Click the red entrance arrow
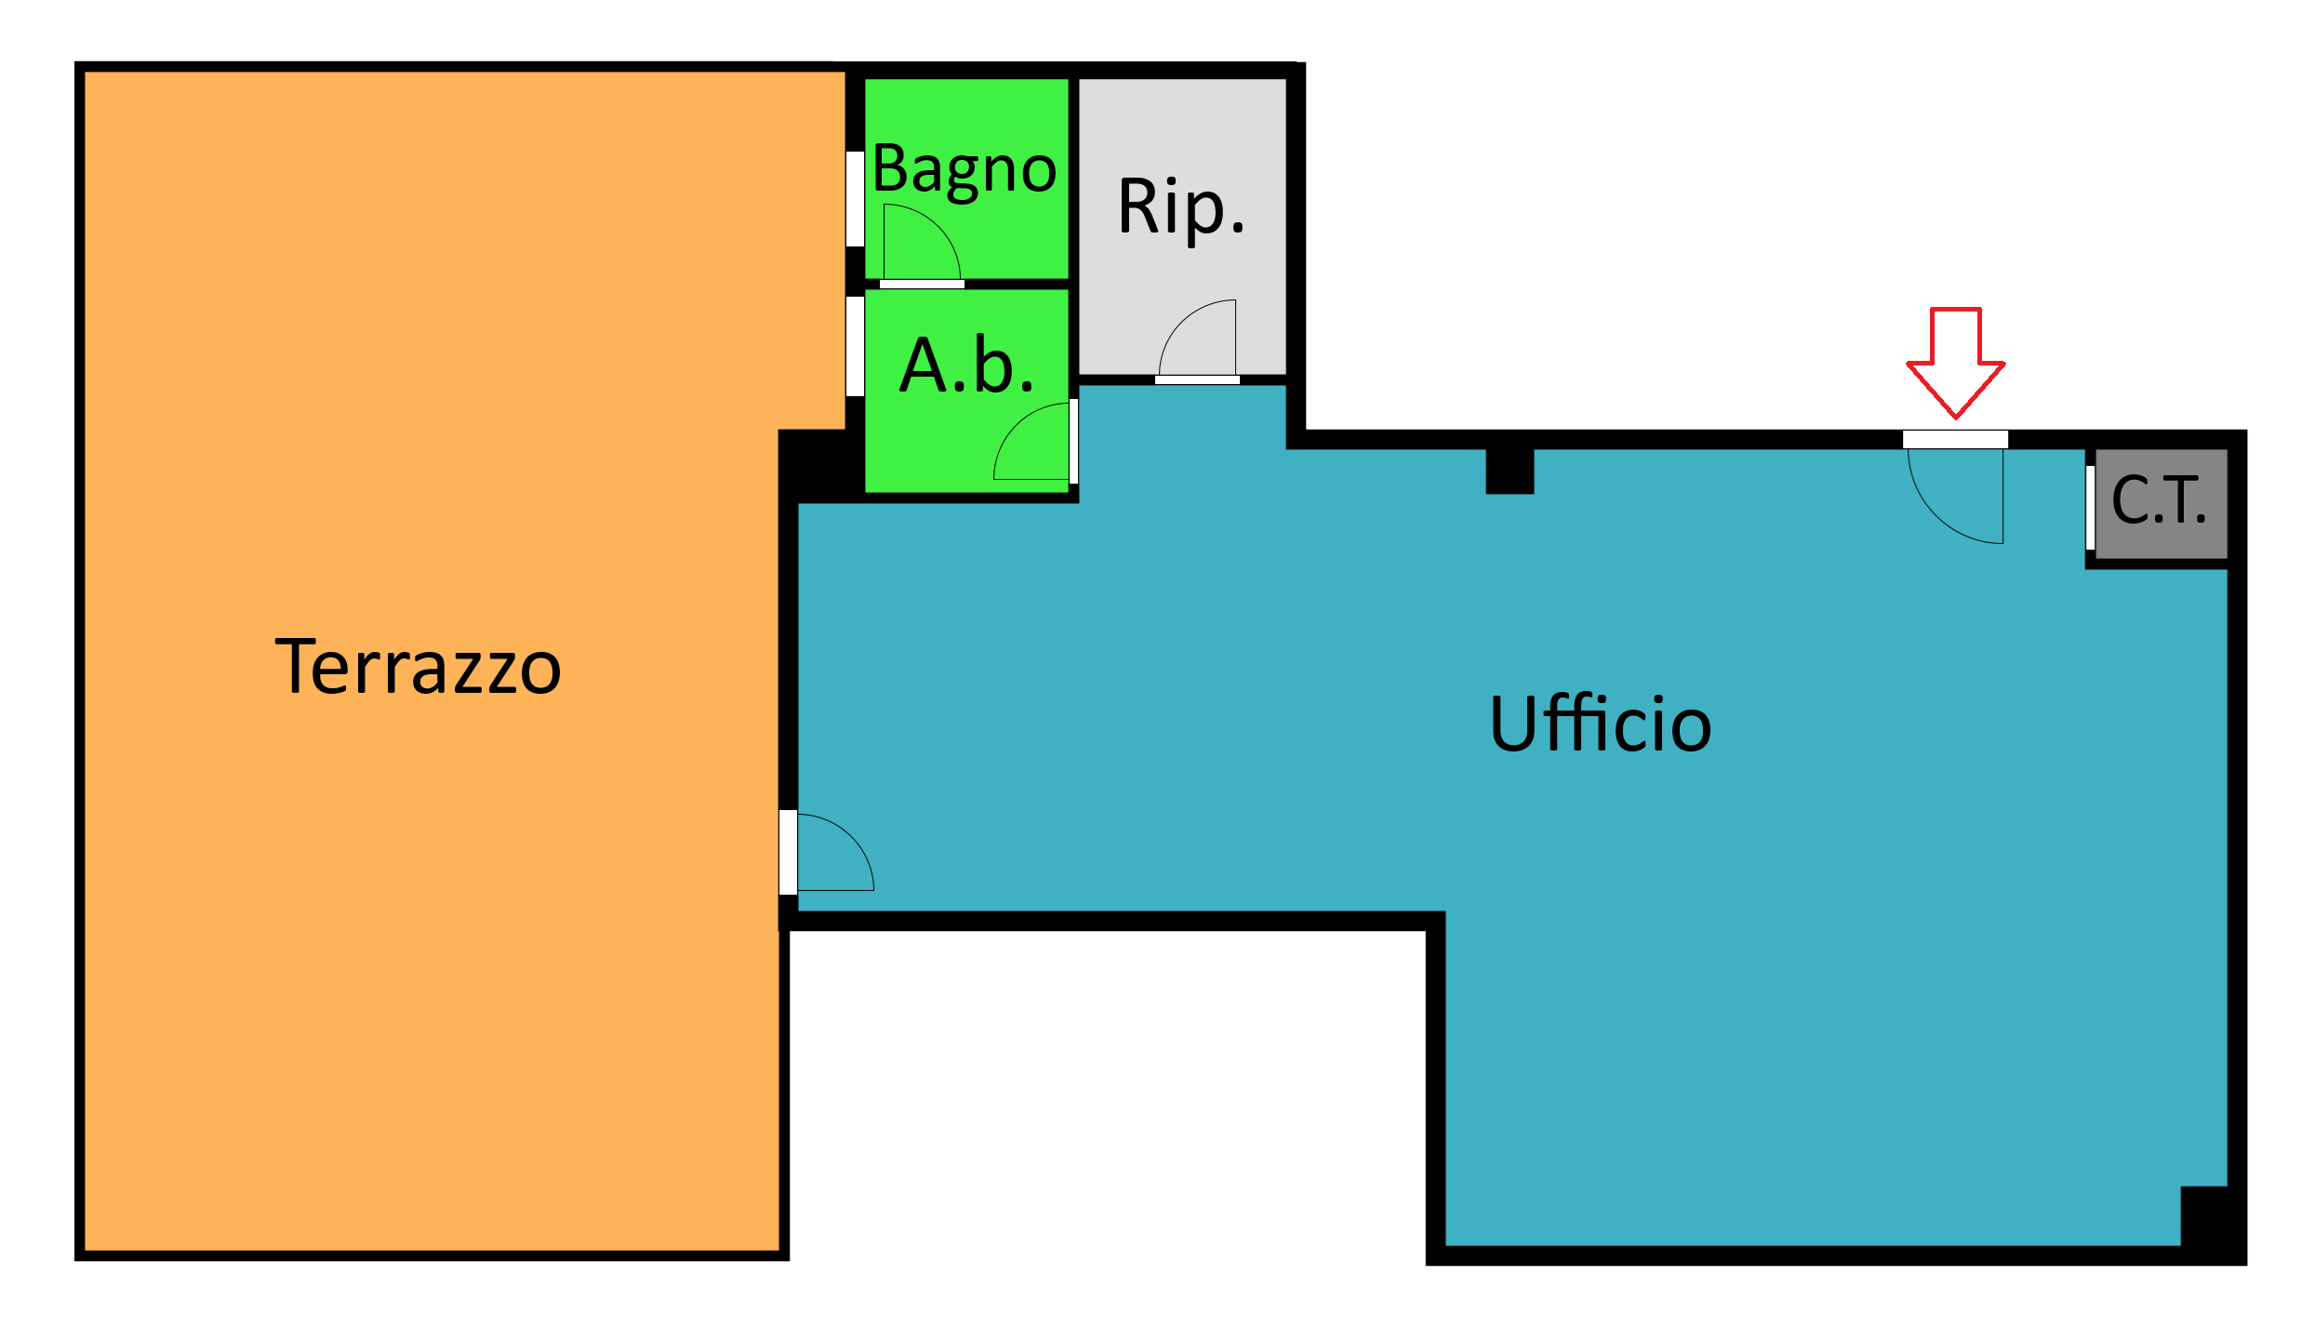click(1955, 363)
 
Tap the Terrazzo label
click(418, 666)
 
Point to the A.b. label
click(966, 365)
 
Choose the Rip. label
click(1181, 208)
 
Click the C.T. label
click(2159, 501)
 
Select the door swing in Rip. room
click(1180, 320)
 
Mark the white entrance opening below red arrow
click(1955, 439)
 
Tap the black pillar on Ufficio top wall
click(1510, 471)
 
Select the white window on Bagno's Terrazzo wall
click(855, 199)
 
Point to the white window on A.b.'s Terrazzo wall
click(855, 347)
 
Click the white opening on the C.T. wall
click(2090, 508)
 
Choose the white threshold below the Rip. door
click(1197, 379)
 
